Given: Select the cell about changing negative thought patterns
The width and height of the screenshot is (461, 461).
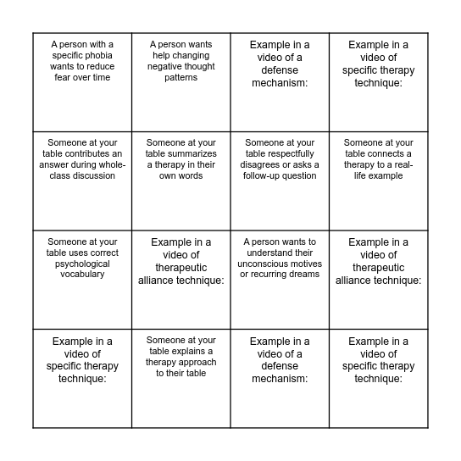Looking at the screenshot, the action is (x=181, y=81).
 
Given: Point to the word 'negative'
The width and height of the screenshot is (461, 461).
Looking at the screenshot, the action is (x=166, y=66).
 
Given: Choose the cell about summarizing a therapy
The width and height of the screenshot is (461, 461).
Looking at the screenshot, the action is (x=181, y=180).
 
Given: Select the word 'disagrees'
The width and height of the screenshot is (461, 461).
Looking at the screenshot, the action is (x=264, y=165).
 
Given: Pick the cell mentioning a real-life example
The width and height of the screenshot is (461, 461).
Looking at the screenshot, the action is (x=379, y=180).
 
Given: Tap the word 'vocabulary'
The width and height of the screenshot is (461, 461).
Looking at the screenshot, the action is (x=83, y=275).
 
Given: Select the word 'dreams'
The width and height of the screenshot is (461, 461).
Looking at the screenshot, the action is (x=301, y=275).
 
